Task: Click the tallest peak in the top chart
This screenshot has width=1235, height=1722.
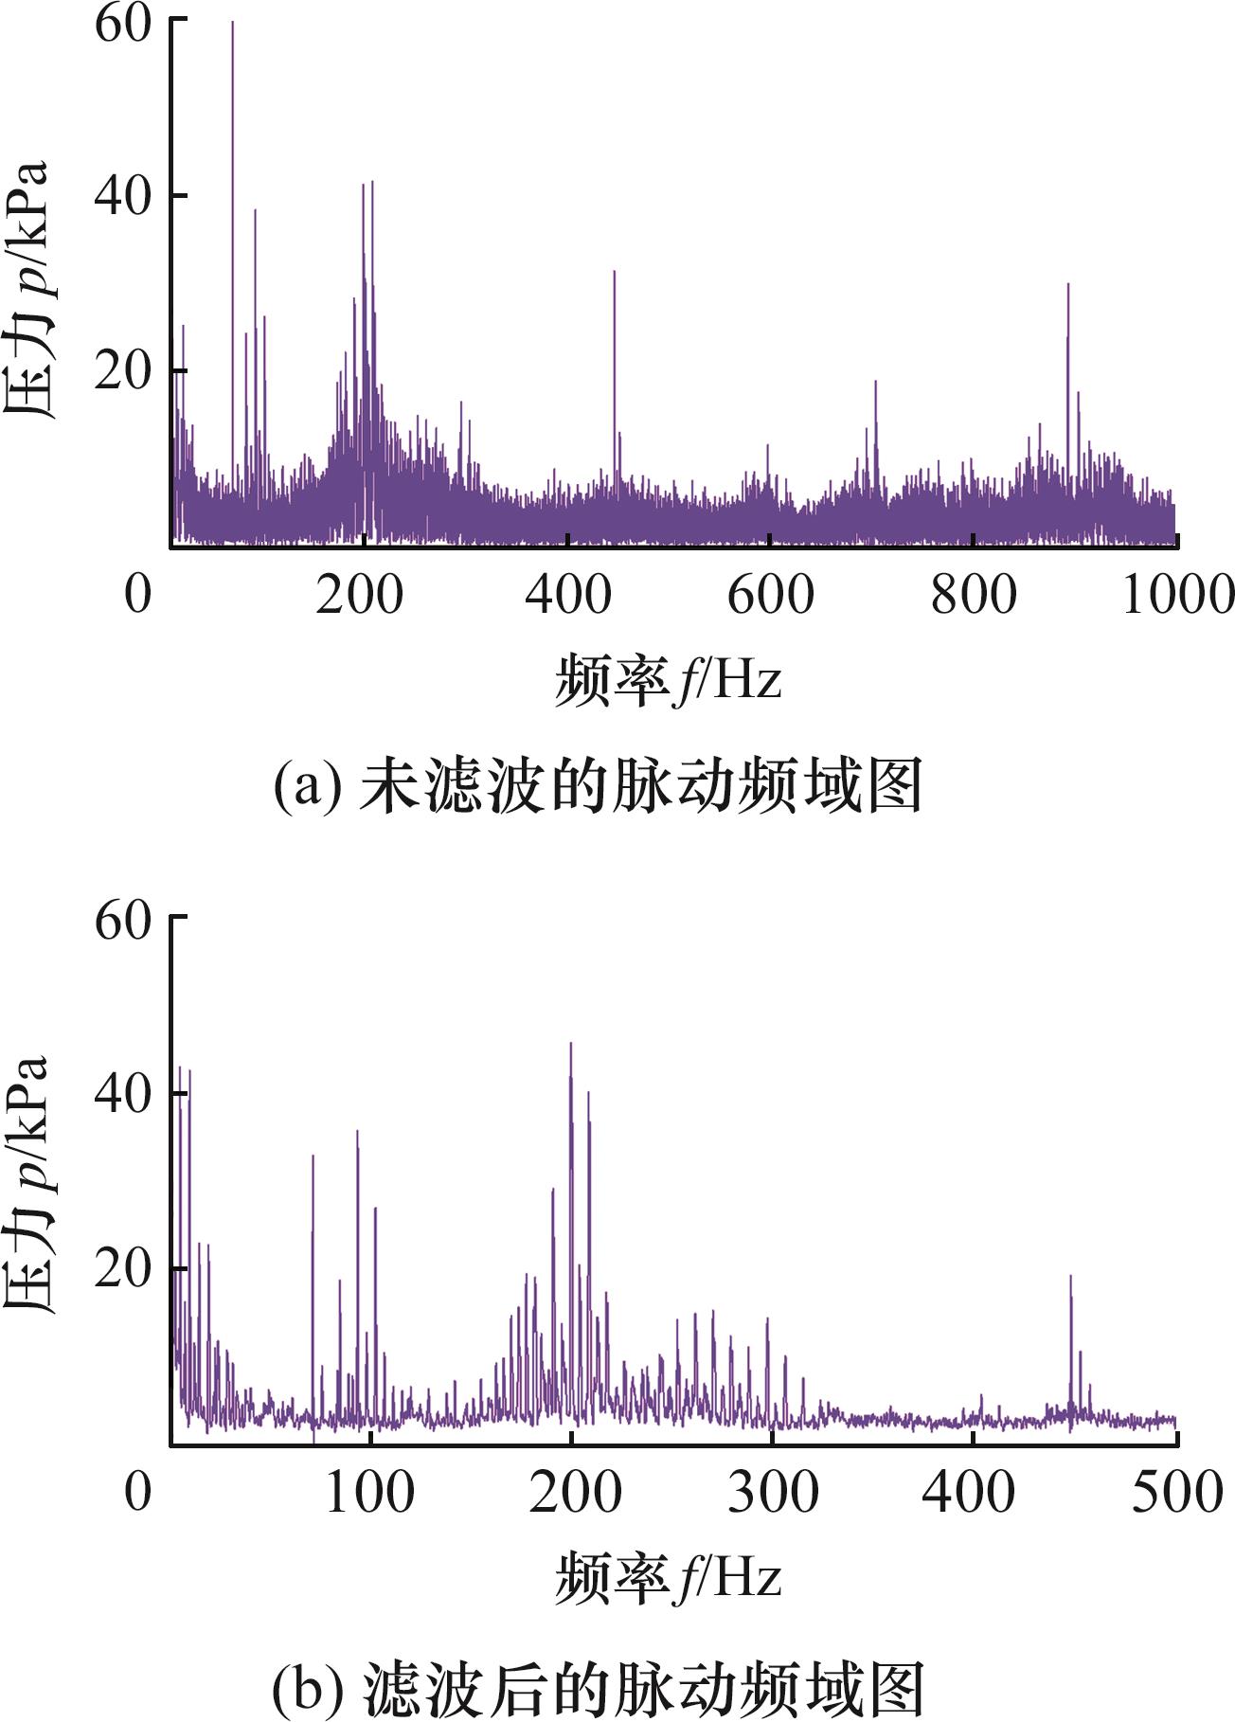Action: click(232, 25)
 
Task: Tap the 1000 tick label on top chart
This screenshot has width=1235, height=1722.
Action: click(1177, 595)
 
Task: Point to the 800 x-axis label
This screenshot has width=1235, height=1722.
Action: click(973, 595)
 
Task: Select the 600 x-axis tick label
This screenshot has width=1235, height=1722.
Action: click(770, 595)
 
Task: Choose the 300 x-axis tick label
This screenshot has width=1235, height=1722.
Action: click(772, 1493)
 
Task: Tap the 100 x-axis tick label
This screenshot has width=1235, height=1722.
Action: click(368, 1493)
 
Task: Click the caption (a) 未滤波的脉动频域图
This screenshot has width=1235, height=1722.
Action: click(598, 785)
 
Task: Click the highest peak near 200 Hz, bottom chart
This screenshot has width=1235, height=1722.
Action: click(570, 1046)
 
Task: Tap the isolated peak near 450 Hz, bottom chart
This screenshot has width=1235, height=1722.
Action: click(1070, 1279)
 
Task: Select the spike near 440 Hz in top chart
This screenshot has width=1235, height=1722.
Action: click(614, 275)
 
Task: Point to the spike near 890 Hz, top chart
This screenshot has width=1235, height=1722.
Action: click(1068, 286)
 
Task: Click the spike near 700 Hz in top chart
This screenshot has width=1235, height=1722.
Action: click(875, 384)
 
